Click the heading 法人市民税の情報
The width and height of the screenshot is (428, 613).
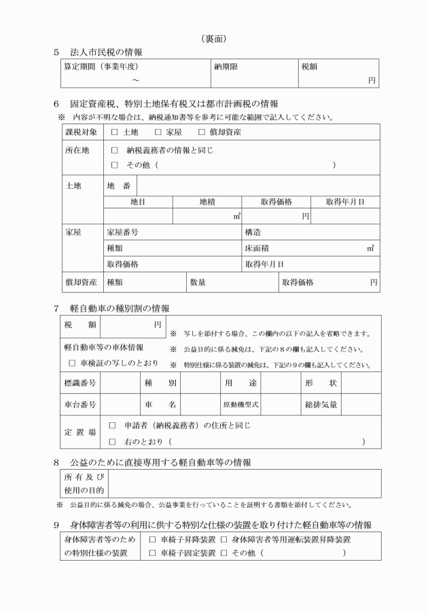105,52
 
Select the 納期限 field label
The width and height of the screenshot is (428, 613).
226,67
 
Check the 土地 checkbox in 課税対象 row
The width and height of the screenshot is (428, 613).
114,132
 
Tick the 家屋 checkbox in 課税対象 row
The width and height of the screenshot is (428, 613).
158,132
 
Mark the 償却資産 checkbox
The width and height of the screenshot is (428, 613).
202,132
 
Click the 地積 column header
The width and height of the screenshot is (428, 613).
207,202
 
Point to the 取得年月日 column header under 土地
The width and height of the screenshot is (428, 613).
345,202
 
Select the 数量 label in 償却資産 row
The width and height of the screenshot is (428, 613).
198,281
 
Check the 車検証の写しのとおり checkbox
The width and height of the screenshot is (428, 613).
72,364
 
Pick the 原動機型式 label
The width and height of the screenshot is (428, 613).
240,405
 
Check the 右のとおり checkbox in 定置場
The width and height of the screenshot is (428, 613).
113,442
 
